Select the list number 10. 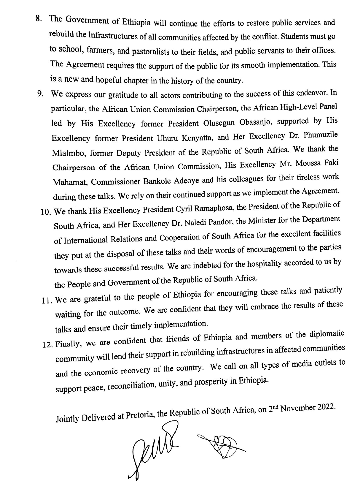(46, 212)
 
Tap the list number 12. (48, 345)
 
